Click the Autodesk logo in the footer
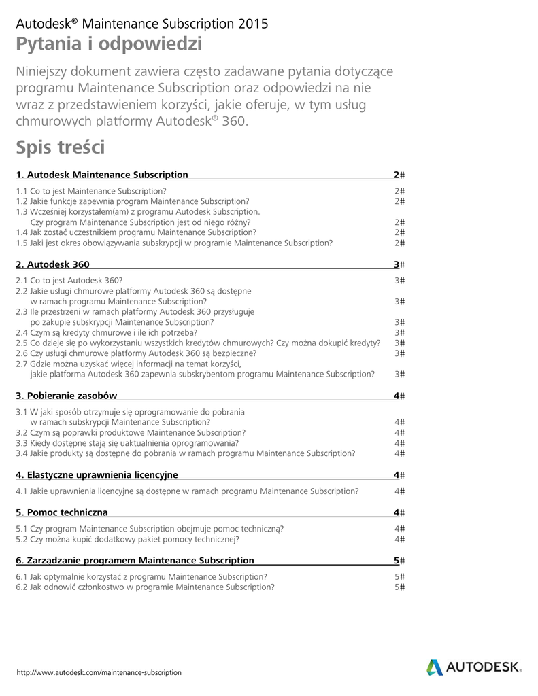pyautogui.click(x=474, y=667)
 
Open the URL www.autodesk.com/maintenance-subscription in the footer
pyautogui.click(x=99, y=672)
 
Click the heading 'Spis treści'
pyautogui.click(x=61, y=147)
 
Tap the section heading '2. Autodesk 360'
pyautogui.click(x=52, y=264)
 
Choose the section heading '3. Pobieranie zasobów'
pyautogui.click(x=67, y=396)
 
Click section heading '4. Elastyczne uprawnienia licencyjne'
pyautogui.click(x=97, y=474)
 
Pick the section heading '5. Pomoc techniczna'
pyautogui.click(x=62, y=512)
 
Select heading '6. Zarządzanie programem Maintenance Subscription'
pyautogui.click(x=135, y=561)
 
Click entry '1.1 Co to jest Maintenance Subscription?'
pyautogui.click(x=91, y=191)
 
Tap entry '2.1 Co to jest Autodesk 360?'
pyautogui.click(x=69, y=280)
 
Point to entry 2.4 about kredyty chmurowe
pyautogui.click(x=107, y=332)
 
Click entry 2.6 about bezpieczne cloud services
pyautogui.click(x=136, y=353)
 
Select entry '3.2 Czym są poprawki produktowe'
pyautogui.click(x=131, y=432)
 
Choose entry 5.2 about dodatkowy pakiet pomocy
pyautogui.click(x=127, y=539)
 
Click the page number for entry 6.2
pyautogui.click(x=397, y=587)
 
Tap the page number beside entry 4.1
pyautogui.click(x=397, y=491)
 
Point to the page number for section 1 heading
pyautogui.click(x=397, y=175)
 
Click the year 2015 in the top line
pyautogui.click(x=253, y=24)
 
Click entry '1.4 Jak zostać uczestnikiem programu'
pyautogui.click(x=127, y=232)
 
